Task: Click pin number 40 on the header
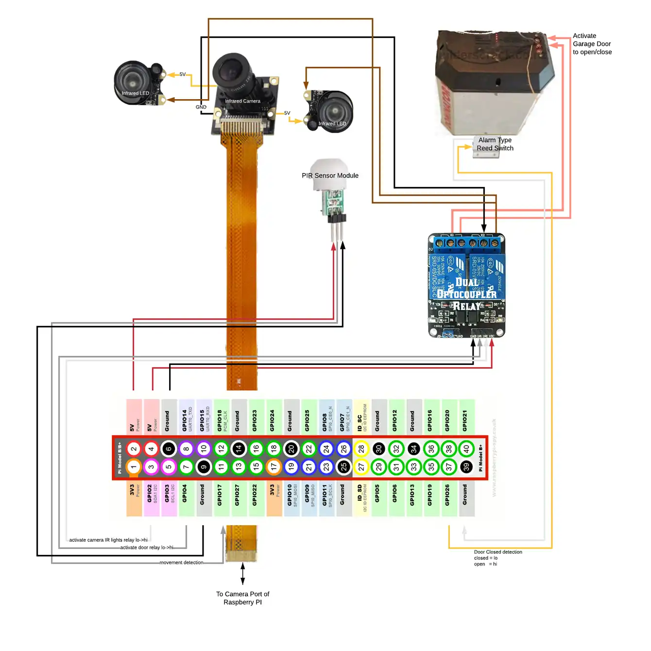coord(466,449)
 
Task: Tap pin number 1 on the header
coord(134,467)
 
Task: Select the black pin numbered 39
coord(466,467)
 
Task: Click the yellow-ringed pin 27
coord(361,467)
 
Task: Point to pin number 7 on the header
coord(186,467)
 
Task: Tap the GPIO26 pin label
coord(447,495)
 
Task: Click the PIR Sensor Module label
coord(330,176)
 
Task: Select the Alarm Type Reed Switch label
coord(495,144)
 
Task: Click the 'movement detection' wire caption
coord(181,563)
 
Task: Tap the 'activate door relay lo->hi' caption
coord(147,548)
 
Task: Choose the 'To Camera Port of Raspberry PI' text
coord(242,598)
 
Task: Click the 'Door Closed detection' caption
coord(497,552)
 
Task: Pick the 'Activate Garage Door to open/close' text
coord(592,44)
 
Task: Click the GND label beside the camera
coord(201,107)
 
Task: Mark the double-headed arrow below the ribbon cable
coord(242,574)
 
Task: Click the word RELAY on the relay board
coord(466,306)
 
